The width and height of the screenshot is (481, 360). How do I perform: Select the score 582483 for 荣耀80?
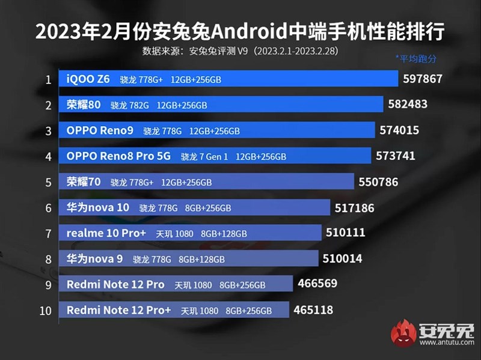408,104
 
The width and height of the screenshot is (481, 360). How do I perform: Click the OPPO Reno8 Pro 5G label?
118,156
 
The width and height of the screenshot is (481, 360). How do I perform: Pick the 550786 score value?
378,182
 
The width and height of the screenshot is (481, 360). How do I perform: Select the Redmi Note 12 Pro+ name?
119,310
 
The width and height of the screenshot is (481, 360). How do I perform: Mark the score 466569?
317,284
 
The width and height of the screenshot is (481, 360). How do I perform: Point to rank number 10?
46,310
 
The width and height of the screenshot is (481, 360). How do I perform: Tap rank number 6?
47,207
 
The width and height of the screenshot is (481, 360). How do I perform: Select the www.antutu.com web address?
446,343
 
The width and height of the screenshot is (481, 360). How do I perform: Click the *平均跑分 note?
415,58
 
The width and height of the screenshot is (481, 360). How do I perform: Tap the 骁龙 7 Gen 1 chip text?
204,157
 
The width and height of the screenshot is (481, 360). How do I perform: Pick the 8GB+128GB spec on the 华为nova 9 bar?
201,259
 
